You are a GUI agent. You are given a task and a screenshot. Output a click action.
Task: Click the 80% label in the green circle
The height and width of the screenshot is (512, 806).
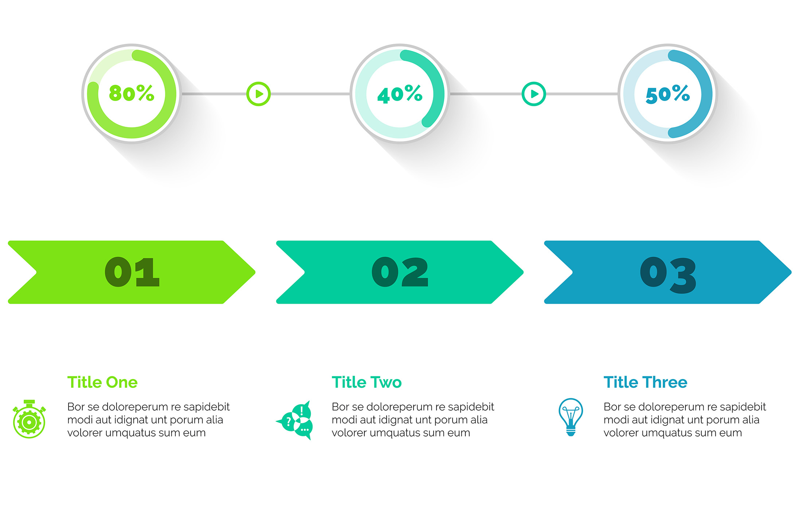[x=132, y=93]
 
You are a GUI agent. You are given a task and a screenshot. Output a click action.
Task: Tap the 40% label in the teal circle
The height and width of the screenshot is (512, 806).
[x=400, y=94]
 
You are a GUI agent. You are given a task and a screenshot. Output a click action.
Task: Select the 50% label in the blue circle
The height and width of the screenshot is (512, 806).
[x=668, y=94]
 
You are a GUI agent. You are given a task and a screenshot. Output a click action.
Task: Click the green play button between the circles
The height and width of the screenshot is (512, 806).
[x=258, y=94]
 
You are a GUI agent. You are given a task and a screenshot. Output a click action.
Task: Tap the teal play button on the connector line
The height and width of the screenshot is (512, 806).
[x=534, y=94]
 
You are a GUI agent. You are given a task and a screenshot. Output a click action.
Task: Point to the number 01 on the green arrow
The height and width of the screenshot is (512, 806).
[x=132, y=272]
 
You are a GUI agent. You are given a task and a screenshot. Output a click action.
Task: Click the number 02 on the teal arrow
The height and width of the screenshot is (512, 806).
[x=400, y=272]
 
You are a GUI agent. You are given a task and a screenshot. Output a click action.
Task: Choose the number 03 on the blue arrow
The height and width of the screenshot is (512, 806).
[x=668, y=275]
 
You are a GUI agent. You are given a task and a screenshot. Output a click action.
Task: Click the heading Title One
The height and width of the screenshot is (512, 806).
[x=102, y=382]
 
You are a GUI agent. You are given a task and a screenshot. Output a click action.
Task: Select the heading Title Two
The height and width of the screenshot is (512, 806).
[x=367, y=382]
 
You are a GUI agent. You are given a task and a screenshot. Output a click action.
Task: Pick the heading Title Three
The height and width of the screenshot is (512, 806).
[x=645, y=382]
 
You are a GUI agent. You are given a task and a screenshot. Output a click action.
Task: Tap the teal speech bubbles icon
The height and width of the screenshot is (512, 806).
[x=294, y=420]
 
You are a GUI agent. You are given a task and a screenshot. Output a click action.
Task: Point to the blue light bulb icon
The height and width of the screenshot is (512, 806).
[x=571, y=417]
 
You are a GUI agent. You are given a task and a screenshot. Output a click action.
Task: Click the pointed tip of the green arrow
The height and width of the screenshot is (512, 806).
[x=255, y=272]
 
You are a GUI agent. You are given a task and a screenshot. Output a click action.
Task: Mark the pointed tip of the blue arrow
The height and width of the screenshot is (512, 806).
[x=791, y=272]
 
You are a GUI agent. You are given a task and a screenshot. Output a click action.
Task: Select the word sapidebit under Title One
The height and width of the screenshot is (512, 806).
[x=206, y=407]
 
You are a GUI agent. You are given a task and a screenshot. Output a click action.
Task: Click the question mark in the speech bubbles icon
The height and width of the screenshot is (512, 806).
[x=288, y=421]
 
